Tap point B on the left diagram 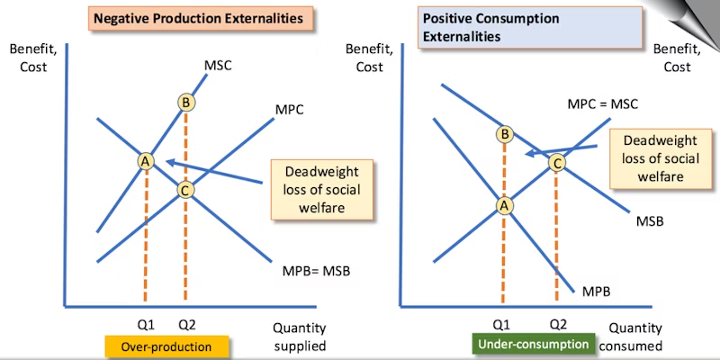(185, 103)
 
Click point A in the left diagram (145, 160)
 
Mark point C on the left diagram (185, 190)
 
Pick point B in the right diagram (505, 134)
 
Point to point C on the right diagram (556, 163)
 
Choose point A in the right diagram (505, 204)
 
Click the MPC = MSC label (602, 103)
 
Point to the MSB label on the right (650, 220)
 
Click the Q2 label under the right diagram (557, 324)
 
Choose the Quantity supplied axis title (299, 337)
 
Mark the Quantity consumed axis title (634, 337)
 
